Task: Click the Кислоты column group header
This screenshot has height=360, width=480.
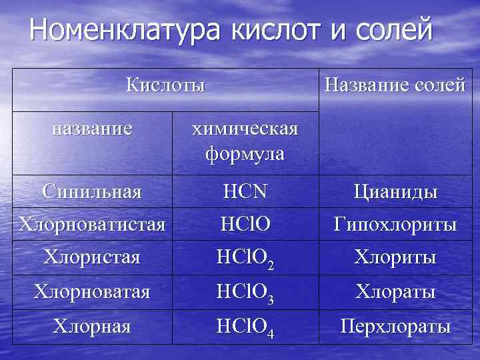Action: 165,85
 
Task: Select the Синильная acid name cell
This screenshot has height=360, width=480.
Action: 92,192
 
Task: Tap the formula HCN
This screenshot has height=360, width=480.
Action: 245,192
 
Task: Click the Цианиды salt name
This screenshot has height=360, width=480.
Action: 395,193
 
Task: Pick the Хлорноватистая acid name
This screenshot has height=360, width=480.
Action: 92,224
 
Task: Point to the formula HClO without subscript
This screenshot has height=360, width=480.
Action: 245,225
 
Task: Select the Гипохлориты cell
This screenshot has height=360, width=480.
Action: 395,225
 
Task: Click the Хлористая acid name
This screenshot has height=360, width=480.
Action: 92,257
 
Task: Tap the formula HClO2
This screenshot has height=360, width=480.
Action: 245,259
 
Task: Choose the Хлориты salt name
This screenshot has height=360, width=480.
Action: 395,257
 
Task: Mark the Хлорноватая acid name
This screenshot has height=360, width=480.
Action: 92,291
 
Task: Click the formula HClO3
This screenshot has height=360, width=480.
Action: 245,293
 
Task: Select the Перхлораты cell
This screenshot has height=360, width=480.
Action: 395,327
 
